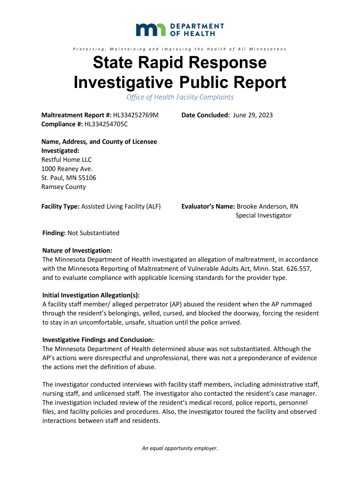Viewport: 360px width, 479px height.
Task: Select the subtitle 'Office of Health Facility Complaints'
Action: [x=180, y=97]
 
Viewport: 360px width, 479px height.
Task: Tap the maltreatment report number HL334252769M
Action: [x=136, y=115]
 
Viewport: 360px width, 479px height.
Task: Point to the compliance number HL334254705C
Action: [x=106, y=124]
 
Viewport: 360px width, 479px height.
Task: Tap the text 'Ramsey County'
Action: [x=64, y=187]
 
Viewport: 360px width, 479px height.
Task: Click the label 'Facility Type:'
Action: [x=61, y=206]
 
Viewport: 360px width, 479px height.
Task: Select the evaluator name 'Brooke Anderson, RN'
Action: [x=267, y=206]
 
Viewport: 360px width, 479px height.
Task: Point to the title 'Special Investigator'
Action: [x=263, y=215]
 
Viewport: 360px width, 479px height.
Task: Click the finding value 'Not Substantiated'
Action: [x=94, y=233]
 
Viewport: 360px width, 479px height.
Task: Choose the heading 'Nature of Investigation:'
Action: [x=77, y=251]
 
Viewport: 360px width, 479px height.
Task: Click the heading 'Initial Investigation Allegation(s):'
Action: [x=91, y=295]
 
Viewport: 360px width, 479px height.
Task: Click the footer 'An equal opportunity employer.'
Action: [x=180, y=448]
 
